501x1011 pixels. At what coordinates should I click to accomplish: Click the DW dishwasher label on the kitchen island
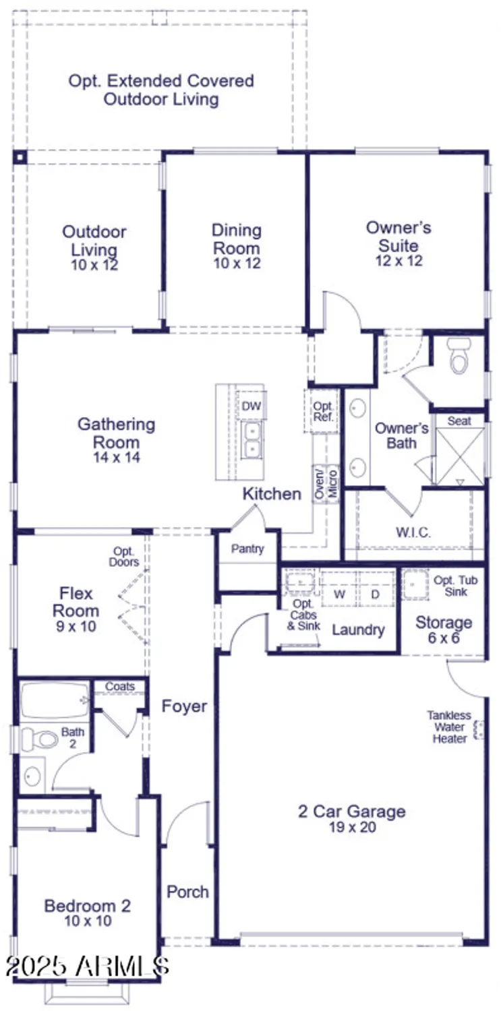(x=251, y=406)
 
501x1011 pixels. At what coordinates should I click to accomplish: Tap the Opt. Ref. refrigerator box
(x=322, y=411)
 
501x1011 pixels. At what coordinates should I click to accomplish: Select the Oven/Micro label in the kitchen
(x=326, y=483)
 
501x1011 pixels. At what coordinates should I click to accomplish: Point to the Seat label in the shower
(x=459, y=421)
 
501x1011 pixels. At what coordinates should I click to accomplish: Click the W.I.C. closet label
(x=413, y=532)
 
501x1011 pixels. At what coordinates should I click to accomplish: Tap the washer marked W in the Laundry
(x=340, y=594)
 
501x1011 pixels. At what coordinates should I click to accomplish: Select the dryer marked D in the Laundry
(x=376, y=594)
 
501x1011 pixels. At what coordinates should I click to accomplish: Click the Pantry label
(x=247, y=549)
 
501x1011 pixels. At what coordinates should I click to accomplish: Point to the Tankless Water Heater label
(x=449, y=727)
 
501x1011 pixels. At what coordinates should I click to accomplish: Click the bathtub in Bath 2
(x=54, y=701)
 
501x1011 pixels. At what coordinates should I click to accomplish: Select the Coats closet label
(x=119, y=687)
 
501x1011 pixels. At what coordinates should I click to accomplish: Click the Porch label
(x=187, y=892)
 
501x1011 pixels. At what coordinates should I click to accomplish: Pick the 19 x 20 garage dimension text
(x=352, y=828)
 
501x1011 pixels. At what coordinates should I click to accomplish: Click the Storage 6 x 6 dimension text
(x=443, y=638)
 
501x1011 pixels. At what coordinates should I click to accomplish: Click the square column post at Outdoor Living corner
(x=20, y=158)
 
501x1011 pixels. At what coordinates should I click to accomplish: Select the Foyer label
(x=184, y=706)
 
